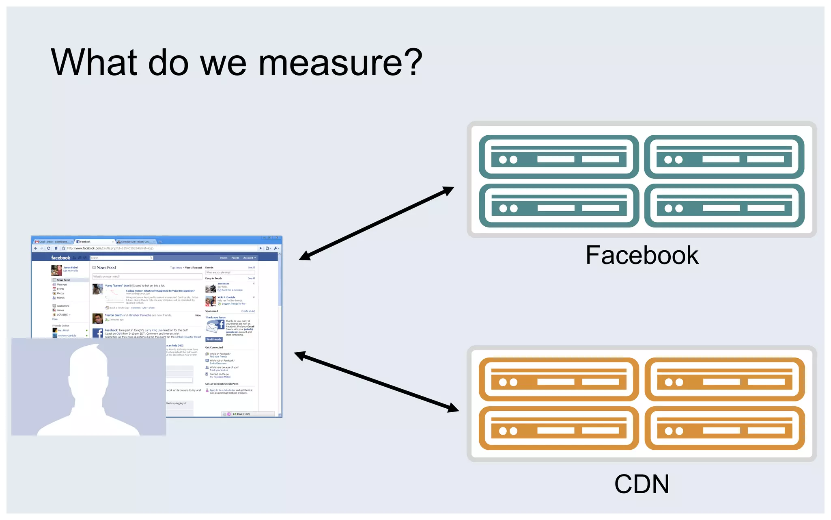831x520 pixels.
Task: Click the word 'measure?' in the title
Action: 340,63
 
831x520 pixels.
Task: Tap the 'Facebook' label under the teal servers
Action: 642,256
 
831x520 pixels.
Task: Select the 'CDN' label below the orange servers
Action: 642,484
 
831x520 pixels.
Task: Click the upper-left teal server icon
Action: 558,157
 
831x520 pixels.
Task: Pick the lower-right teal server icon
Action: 724,206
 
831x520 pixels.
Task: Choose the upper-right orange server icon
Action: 724,379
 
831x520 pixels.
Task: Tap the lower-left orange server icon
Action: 558,428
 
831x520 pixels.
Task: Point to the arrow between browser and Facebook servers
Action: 376,223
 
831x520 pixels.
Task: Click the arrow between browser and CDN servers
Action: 376,382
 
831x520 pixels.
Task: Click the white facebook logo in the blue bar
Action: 60,258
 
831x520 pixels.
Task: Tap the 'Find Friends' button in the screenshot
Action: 214,339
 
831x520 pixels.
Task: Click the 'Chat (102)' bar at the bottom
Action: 243,414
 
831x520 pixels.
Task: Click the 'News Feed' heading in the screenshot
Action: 106,268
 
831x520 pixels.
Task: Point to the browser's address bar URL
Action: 110,248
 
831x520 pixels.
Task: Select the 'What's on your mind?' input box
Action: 147,277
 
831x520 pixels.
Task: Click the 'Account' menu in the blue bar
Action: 249,258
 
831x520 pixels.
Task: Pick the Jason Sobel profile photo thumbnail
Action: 56,270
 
